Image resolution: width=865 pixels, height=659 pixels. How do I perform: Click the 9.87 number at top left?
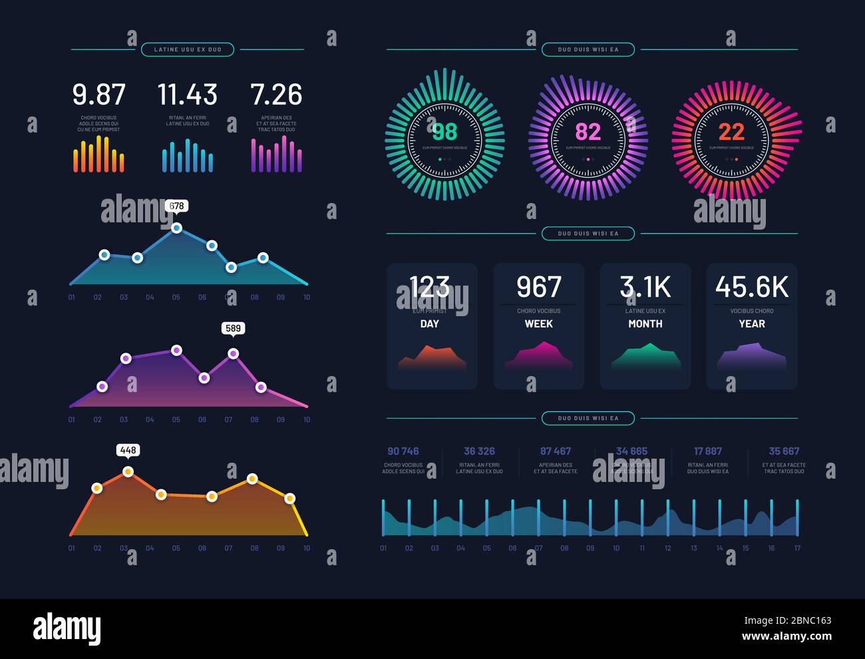pos(98,95)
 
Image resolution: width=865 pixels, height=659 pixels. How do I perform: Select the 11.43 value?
pos(187,95)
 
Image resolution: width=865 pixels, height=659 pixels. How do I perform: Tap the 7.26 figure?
pos(276,95)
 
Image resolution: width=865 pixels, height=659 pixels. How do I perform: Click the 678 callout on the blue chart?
pos(176,206)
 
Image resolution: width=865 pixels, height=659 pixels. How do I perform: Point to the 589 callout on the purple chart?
pos(233,328)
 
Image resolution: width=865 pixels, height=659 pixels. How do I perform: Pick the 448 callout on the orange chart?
pos(128,450)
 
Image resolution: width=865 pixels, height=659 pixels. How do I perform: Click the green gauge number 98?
pos(444,131)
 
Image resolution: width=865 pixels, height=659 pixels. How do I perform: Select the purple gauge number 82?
pos(588,131)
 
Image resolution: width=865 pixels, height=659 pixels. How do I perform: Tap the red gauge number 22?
pos(731,131)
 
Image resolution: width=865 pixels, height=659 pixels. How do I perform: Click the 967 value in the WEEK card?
pos(539,288)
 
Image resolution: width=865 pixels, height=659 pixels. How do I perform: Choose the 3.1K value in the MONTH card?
pos(645,288)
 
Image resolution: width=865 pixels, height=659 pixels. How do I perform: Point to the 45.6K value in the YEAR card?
pos(752,288)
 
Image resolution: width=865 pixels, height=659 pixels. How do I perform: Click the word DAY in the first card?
pos(430,324)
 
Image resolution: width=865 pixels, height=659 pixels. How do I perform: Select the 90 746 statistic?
pos(403,451)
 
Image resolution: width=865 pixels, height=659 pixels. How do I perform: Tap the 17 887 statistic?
pos(708,451)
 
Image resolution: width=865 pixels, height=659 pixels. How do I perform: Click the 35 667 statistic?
pos(784,451)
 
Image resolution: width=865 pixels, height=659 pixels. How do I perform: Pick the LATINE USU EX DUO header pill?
pos(188,49)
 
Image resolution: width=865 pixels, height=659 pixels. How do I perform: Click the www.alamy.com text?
pos(786,636)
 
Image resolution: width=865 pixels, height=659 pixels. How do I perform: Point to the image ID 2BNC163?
pos(805,620)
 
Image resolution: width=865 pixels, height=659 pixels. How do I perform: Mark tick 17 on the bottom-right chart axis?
pos(797,549)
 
